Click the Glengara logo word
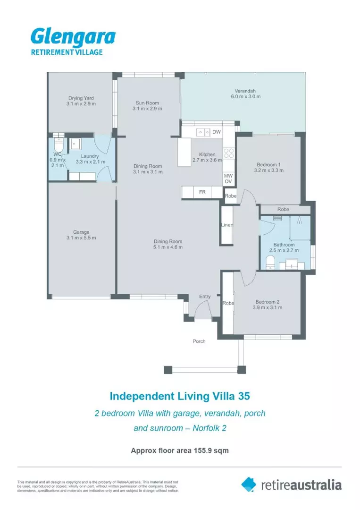(73, 37)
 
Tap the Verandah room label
(245, 91)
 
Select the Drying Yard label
(81, 98)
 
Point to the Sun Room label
(147, 102)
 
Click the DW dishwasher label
(217, 132)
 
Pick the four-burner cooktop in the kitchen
(229, 153)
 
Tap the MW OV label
(228, 178)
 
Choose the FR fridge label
(202, 193)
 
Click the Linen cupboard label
(227, 225)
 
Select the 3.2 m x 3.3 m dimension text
(268, 170)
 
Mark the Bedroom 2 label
(268, 302)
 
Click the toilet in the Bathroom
(270, 263)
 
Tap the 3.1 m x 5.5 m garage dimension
(81, 238)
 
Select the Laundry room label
(90, 156)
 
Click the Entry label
(205, 297)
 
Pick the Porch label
(199, 341)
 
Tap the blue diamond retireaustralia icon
(249, 484)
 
